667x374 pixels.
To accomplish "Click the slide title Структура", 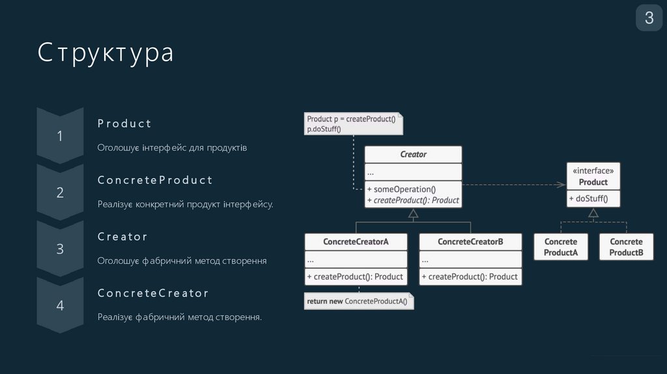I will point(106,53).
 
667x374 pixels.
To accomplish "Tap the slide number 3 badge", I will point(649,18).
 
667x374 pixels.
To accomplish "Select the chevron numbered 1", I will point(60,136).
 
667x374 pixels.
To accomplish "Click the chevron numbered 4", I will point(60,305).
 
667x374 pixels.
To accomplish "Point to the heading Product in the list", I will point(124,124).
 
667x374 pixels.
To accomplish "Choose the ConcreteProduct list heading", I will point(155,180).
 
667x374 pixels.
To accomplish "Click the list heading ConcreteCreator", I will point(153,293).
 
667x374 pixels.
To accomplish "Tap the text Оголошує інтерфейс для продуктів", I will point(172,148).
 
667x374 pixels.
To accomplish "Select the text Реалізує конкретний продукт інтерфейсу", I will point(185,205).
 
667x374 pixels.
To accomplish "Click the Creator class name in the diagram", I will point(413,154).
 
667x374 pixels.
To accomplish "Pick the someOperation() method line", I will point(401,190).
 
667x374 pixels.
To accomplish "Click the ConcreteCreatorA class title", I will point(356,242).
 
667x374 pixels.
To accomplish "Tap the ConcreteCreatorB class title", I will point(470,242).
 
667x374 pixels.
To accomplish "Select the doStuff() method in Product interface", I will point(591,199).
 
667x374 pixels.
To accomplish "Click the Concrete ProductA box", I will point(561,247).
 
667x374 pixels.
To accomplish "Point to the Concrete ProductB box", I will point(626,247).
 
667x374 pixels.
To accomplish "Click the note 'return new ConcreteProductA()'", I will point(359,301).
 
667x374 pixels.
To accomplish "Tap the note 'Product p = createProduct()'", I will point(352,123).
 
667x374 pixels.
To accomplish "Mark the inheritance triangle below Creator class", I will point(413,213).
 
